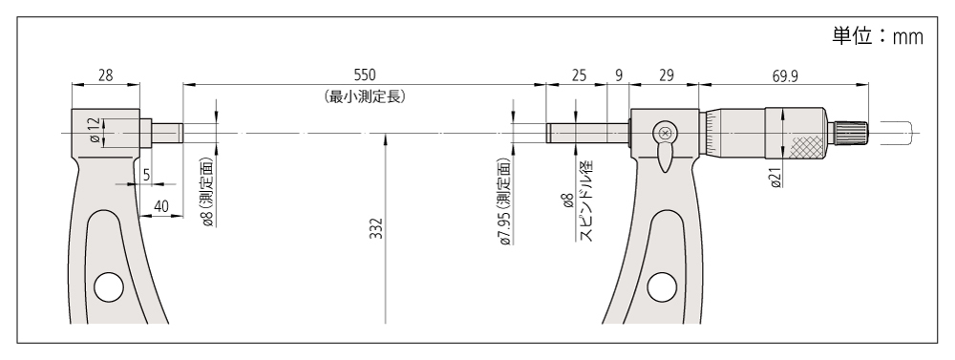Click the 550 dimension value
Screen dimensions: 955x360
[365, 74]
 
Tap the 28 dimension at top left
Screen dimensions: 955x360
[105, 74]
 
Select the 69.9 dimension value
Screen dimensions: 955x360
[785, 75]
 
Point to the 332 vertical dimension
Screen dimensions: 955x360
[377, 228]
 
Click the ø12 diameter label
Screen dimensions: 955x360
[95, 131]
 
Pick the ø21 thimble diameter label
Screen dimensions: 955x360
[775, 176]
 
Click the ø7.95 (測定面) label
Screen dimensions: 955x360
[504, 201]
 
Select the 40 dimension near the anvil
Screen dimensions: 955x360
[160, 206]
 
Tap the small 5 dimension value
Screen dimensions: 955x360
[146, 176]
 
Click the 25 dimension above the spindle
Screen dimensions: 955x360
[580, 74]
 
